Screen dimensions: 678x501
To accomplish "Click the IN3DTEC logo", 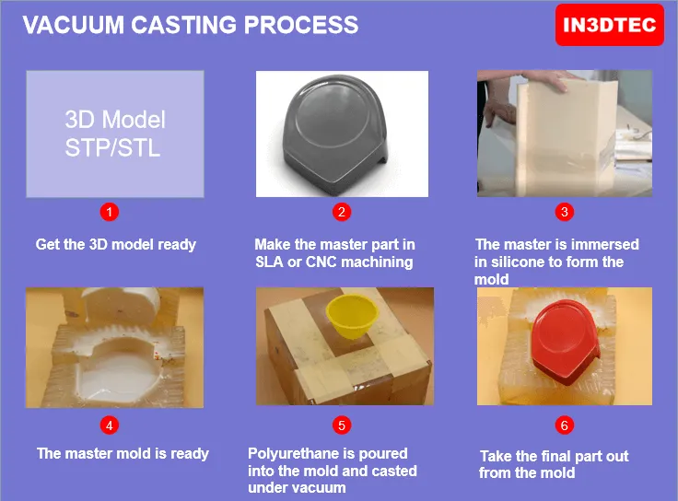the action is pyautogui.click(x=609, y=25).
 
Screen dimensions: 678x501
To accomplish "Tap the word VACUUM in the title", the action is pyautogui.click(x=74, y=25).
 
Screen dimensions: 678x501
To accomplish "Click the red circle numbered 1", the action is pyautogui.click(x=110, y=212).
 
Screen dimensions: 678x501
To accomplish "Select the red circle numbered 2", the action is pyautogui.click(x=342, y=212).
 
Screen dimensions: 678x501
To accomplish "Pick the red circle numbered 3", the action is pyautogui.click(x=565, y=212).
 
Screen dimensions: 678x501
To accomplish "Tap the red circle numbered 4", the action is pyautogui.click(x=110, y=425).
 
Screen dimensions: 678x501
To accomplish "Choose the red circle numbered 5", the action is pyautogui.click(x=342, y=425).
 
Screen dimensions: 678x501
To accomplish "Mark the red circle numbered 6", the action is pyautogui.click(x=565, y=425).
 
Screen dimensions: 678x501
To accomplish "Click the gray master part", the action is pyautogui.click(x=335, y=130).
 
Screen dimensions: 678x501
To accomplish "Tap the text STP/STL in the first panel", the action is pyautogui.click(x=112, y=148).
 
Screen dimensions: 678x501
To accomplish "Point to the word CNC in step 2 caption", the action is pyautogui.click(x=321, y=262).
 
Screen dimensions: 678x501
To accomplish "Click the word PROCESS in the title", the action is pyautogui.click(x=301, y=25).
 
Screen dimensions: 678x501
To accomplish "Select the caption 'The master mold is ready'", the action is pyautogui.click(x=123, y=453).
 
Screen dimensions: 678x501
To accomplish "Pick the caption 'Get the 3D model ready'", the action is pyautogui.click(x=116, y=245).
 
